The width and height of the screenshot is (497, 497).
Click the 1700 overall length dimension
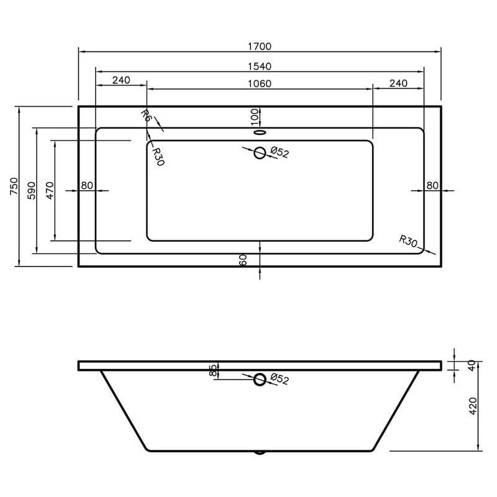click(x=259, y=46)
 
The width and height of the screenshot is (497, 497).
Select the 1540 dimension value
click(x=259, y=66)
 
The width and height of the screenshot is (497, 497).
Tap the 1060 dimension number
click(x=259, y=84)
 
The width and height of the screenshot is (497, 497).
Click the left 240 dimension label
click(x=121, y=80)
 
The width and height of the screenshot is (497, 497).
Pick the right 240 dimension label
click(x=398, y=83)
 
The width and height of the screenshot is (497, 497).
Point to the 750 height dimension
click(x=14, y=186)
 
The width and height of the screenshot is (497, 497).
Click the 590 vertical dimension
click(x=32, y=191)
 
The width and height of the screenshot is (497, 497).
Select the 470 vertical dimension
click(x=50, y=191)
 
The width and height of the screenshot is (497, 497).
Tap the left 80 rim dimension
click(x=87, y=185)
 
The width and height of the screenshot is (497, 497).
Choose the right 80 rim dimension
click(x=432, y=185)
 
